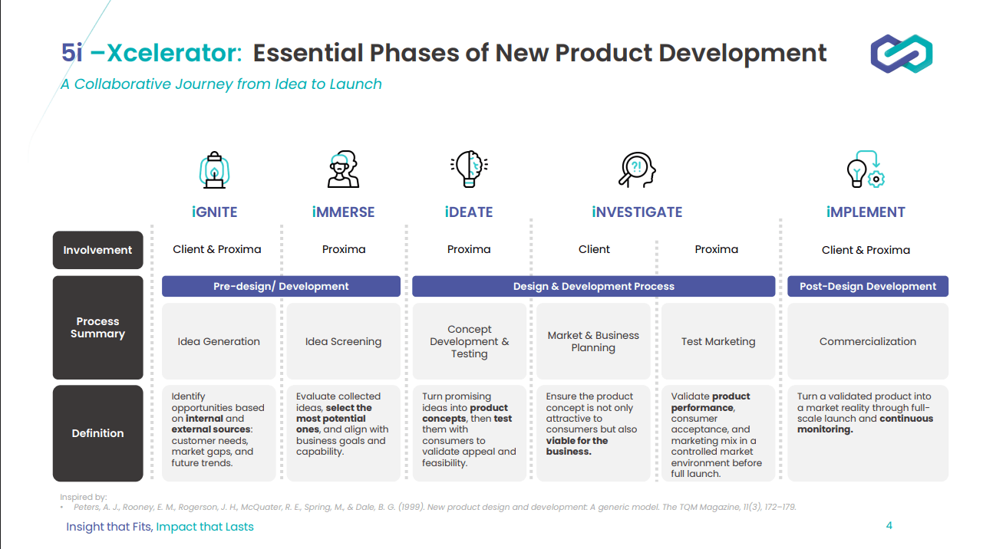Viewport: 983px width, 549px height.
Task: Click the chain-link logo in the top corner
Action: [x=902, y=54]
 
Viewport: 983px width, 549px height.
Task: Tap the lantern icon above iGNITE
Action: [x=214, y=169]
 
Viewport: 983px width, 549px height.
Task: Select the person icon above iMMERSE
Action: [x=343, y=169]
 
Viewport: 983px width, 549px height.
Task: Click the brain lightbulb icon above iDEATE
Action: [x=469, y=169]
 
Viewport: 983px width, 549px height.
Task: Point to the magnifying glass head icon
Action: [x=637, y=169]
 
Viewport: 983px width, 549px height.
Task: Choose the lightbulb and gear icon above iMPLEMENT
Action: [x=866, y=169]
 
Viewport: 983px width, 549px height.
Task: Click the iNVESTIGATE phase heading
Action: [x=637, y=212]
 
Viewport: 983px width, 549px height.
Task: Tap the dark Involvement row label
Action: [x=98, y=250]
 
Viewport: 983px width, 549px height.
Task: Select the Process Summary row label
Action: [x=98, y=327]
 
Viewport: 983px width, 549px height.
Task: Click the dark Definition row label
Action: [x=98, y=433]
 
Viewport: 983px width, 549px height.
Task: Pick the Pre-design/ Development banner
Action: [x=281, y=286]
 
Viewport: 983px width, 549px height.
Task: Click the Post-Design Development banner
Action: [x=868, y=286]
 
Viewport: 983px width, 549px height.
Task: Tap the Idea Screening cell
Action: [x=343, y=341]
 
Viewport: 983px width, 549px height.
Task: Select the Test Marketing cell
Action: [x=718, y=341]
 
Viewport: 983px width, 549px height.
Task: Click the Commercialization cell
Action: [x=868, y=341]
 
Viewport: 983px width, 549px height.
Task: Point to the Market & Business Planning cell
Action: [x=593, y=341]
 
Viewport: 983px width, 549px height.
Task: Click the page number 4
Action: [x=889, y=525]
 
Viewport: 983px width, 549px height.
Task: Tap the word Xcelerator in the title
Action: [x=174, y=53]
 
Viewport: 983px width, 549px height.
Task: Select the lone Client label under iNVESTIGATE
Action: [x=594, y=249]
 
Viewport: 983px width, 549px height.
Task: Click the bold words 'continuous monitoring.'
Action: [x=865, y=424]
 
